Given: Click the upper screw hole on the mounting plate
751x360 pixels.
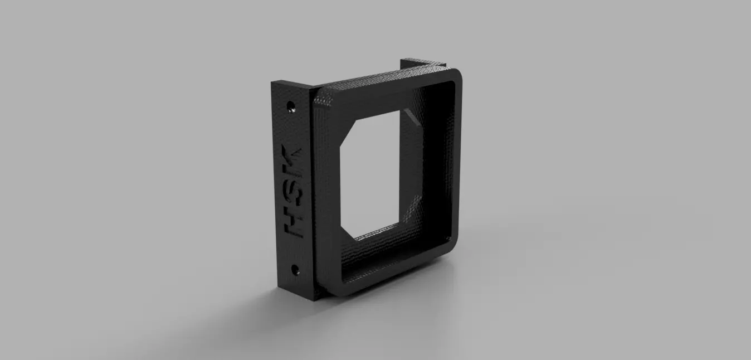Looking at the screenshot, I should click(290, 105).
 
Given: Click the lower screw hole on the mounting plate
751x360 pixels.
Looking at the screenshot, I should click(295, 271).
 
